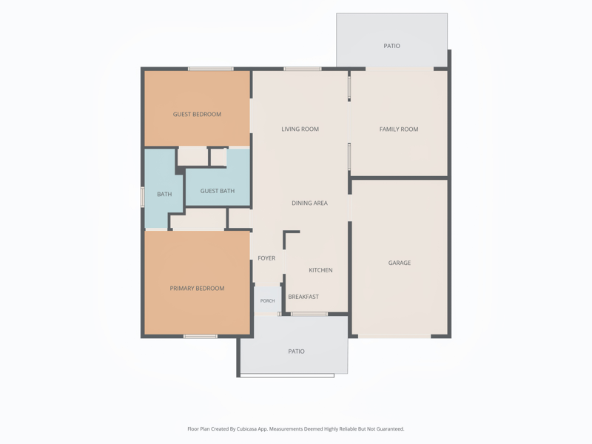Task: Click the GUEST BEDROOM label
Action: (197, 115)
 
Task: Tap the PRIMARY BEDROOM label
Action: (197, 289)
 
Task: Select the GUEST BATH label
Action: (218, 191)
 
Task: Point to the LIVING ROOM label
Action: (300, 129)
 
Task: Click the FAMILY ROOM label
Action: (399, 129)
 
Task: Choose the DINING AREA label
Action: (309, 203)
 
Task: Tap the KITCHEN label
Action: (320, 270)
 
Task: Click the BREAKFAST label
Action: (303, 297)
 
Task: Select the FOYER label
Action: (266, 258)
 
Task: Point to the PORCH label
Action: (267, 301)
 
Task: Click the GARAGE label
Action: (400, 263)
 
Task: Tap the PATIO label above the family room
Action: (392, 46)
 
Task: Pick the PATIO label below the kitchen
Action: (297, 351)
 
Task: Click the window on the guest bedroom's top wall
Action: (211, 69)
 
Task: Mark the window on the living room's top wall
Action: (303, 69)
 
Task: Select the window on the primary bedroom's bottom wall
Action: (201, 337)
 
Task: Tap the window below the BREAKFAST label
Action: (309, 314)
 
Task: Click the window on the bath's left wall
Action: (143, 197)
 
